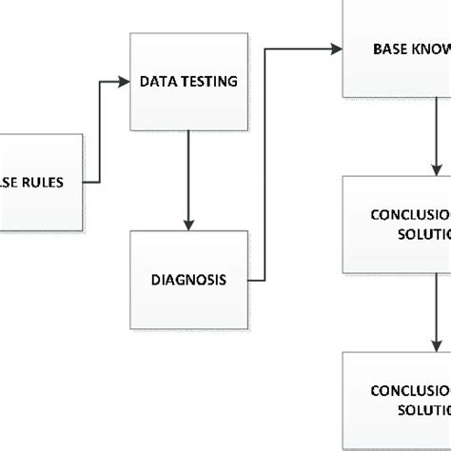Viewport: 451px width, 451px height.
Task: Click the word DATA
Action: click(x=159, y=83)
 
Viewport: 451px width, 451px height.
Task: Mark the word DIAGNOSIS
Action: click(x=189, y=280)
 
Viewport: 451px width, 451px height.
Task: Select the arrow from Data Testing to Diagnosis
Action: click(x=189, y=181)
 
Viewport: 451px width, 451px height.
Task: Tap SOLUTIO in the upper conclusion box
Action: click(x=423, y=234)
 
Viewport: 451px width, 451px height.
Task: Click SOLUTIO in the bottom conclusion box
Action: click(x=423, y=410)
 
